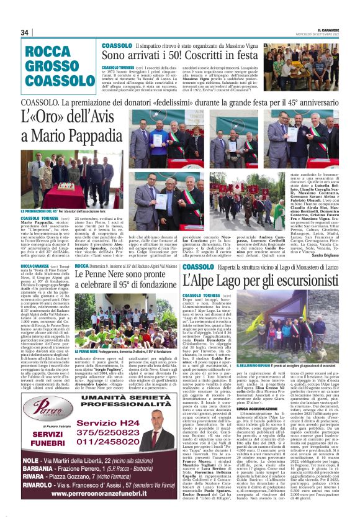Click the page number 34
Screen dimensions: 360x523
pyautogui.click(x=25, y=32)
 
